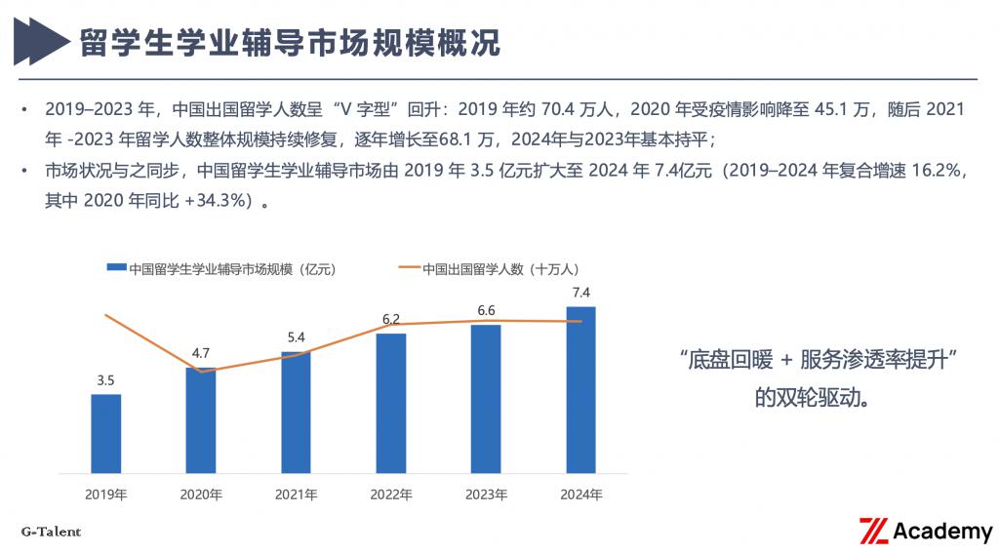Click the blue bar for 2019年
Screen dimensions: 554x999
tap(106, 434)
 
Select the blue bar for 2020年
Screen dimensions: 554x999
tap(201, 420)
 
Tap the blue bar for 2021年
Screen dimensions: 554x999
tap(296, 413)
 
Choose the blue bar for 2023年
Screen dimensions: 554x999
tap(486, 399)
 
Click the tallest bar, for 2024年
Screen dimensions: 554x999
tap(580, 390)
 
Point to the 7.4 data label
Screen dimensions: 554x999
tap(580, 293)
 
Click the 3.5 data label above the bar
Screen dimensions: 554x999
tap(106, 380)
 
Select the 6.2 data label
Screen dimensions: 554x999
tap(390, 319)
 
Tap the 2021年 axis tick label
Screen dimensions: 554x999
tap(296, 495)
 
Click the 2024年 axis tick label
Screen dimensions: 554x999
tap(580, 495)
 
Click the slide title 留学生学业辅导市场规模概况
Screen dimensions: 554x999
tap(290, 43)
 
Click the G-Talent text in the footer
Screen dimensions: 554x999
tap(51, 532)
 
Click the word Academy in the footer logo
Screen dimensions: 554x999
tap(942, 532)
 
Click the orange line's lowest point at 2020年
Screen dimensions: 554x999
tap(201, 372)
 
